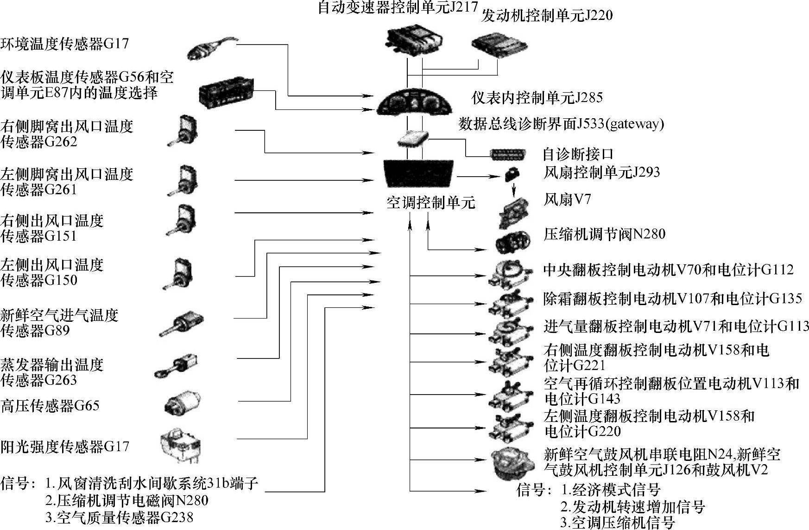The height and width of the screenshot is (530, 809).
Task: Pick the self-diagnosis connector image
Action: [508, 154]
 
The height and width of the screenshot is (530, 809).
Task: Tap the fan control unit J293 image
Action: [512, 174]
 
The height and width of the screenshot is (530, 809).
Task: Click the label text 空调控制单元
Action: [430, 203]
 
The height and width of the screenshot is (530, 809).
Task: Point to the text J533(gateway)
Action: [620, 124]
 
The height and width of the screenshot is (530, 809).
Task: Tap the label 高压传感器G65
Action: [50, 406]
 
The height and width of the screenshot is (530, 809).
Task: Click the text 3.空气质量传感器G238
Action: [119, 517]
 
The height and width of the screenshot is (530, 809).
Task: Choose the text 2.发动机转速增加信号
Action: [632, 506]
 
